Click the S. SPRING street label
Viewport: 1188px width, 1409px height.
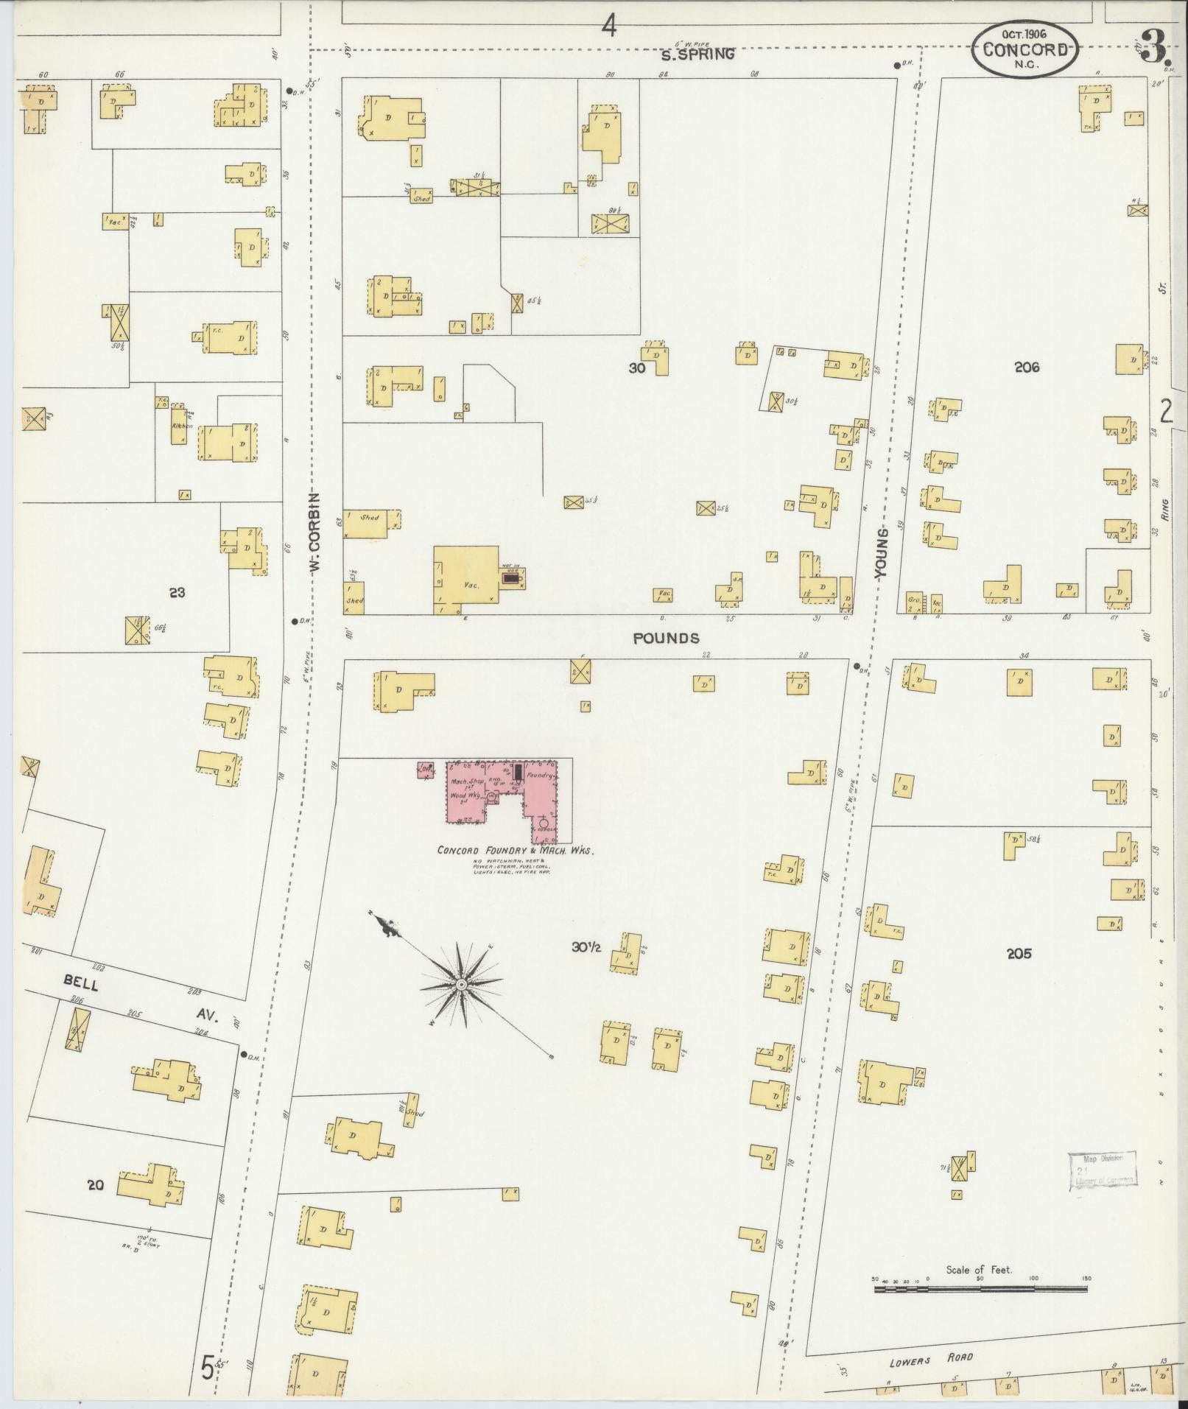[697, 54]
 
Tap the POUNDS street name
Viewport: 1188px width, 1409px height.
[667, 638]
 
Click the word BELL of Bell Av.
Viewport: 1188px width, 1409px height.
[81, 983]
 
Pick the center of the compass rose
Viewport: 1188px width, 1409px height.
[461, 985]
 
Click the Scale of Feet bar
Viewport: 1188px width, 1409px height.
[980, 1290]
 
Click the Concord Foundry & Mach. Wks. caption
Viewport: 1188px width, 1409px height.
[515, 849]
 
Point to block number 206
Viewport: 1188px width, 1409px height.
[1026, 367]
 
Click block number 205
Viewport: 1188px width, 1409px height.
[1019, 953]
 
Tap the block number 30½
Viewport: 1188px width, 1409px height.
[587, 947]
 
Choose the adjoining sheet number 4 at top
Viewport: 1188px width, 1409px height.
[608, 27]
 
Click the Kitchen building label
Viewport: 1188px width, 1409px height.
[181, 426]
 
